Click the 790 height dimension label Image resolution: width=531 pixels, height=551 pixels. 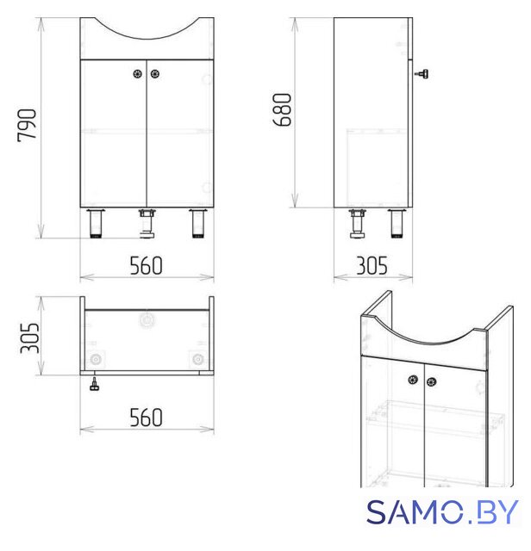pos(27,126)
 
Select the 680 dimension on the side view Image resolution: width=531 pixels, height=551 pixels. pos(282,109)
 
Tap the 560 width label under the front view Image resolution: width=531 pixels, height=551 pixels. pos(146,266)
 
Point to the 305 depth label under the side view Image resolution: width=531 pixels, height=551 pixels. pos(372,266)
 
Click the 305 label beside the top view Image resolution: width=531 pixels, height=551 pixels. pos(29,337)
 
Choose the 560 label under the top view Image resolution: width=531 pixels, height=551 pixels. pos(146,417)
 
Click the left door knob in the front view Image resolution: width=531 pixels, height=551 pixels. pos(138,74)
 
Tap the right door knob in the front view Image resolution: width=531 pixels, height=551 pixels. pos(155,74)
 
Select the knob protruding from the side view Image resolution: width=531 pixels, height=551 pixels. pos(422,74)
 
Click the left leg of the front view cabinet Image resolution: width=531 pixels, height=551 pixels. pos(96,223)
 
